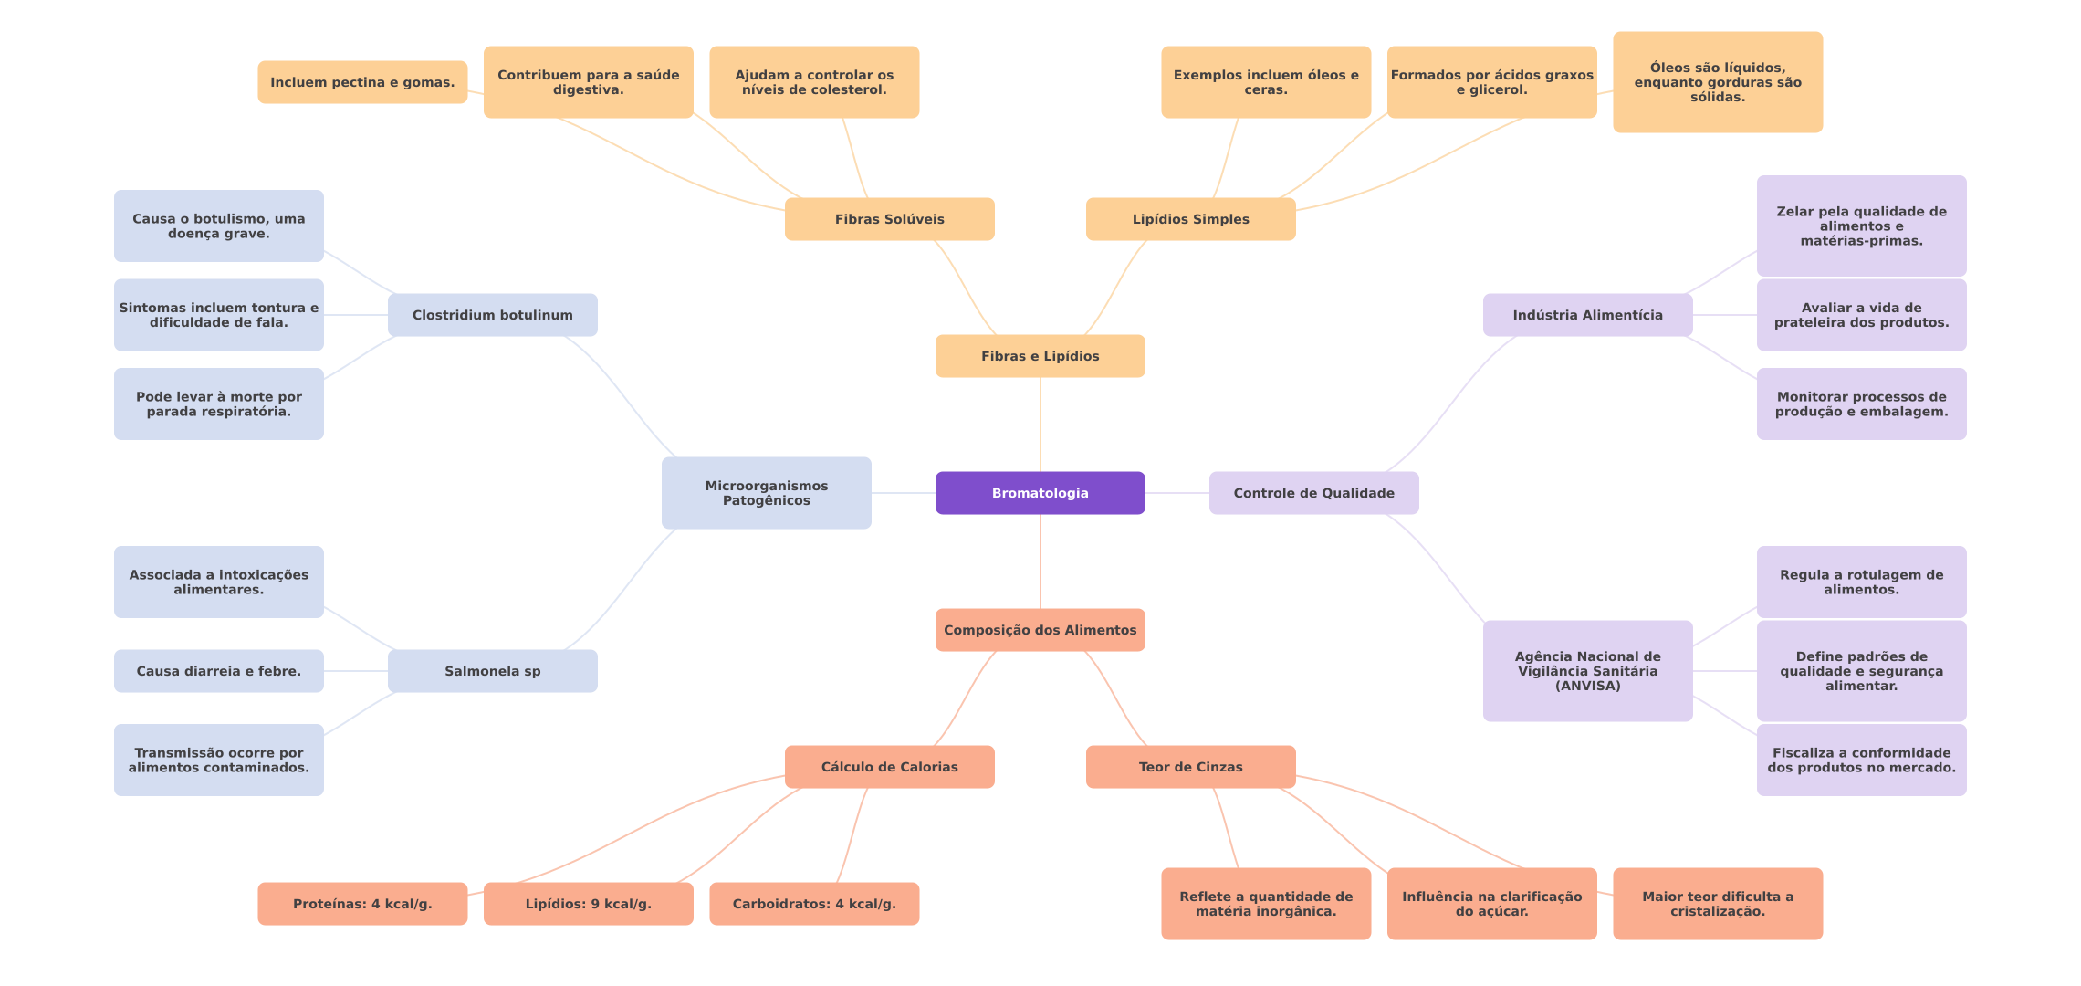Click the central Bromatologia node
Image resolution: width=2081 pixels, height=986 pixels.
click(1040, 493)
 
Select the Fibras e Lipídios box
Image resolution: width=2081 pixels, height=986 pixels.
click(1040, 356)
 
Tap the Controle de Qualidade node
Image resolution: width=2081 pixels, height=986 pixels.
click(1313, 493)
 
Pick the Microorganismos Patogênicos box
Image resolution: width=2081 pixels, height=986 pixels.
click(766, 493)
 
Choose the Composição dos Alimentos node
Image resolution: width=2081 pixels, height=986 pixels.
click(1040, 630)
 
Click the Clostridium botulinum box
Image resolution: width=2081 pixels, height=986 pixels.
click(492, 315)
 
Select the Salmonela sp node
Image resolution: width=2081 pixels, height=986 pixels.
click(492, 671)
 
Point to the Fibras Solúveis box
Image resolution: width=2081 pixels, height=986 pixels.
click(889, 219)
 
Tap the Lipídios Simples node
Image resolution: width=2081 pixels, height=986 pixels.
click(1190, 219)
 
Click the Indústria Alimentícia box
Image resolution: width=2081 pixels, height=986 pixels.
click(1587, 315)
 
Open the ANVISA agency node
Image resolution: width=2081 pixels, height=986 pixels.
click(1587, 671)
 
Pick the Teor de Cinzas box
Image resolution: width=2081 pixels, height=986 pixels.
click(1190, 767)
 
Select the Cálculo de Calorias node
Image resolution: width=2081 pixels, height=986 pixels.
click(889, 767)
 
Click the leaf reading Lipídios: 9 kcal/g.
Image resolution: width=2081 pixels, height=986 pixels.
click(588, 904)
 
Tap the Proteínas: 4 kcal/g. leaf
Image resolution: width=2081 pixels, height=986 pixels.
click(362, 904)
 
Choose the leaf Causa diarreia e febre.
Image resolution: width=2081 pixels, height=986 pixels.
click(218, 671)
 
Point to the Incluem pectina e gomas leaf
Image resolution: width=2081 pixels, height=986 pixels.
click(362, 82)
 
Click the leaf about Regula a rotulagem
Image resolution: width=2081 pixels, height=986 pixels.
click(1861, 582)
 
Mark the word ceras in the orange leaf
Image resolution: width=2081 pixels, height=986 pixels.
click(1266, 90)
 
